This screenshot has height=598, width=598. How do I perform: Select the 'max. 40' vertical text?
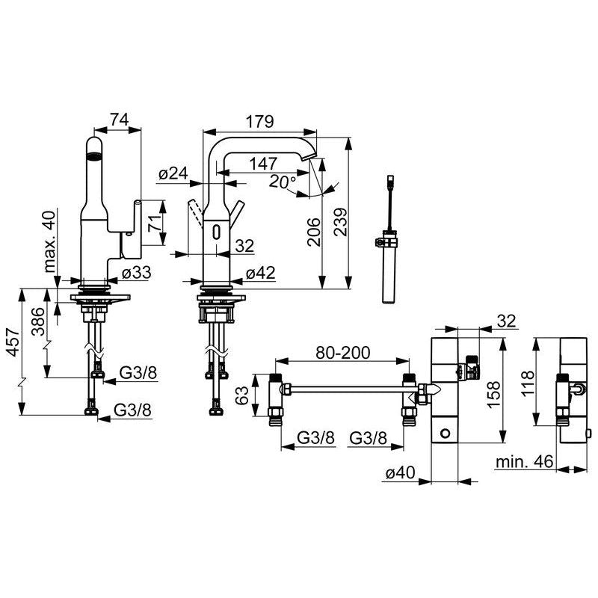[49, 241]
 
